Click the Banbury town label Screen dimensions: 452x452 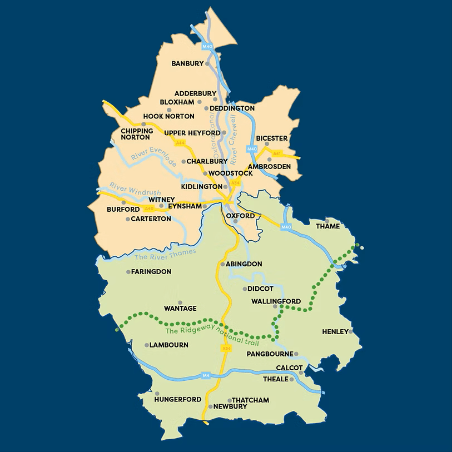click(x=187, y=63)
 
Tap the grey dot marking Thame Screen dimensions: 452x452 click(x=343, y=221)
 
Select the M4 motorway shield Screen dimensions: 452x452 click(x=206, y=376)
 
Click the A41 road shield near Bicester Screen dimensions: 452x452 click(x=277, y=153)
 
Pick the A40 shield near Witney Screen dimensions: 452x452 click(x=148, y=208)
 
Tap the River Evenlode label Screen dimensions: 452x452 click(x=154, y=156)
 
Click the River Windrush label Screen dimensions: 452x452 click(x=127, y=188)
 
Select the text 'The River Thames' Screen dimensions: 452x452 click(x=166, y=254)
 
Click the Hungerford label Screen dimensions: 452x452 click(x=178, y=399)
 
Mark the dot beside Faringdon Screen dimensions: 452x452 click(x=128, y=272)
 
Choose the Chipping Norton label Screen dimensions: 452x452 click(x=136, y=134)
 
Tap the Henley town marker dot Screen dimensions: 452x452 click(x=351, y=331)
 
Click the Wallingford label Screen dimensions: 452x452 click(x=276, y=301)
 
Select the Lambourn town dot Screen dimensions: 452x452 click(x=146, y=345)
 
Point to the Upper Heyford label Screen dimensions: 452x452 click(x=192, y=133)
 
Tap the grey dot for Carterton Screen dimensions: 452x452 click(x=127, y=219)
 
